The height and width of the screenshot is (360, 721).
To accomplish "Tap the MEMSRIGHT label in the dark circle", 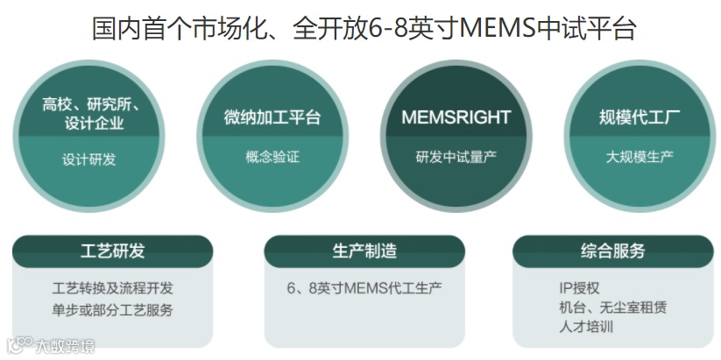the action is pos(456,117).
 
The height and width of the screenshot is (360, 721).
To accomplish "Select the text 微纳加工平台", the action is pos(272,118).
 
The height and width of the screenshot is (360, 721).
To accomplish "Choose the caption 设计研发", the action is pos(88,159).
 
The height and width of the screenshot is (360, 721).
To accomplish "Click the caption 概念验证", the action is pos(272,157).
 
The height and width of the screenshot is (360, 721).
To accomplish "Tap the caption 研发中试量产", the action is pos(456,158).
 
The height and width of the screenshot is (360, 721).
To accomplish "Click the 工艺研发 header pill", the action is pos(112,251).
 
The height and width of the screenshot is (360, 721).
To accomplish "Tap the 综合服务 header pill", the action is pos(612,251).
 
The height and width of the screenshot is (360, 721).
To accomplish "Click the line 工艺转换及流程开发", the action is pos(112,287).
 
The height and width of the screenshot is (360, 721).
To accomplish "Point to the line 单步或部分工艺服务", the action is pos(112,309).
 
